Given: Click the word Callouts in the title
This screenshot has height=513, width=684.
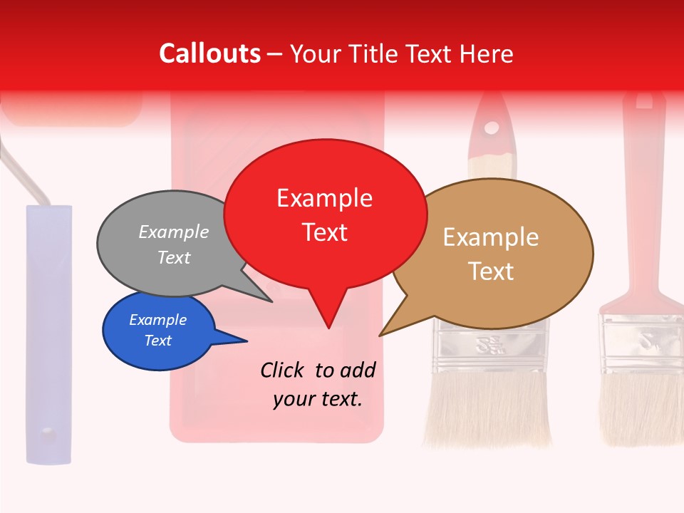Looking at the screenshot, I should [x=209, y=53].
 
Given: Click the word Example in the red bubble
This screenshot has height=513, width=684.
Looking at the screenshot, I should [x=324, y=197].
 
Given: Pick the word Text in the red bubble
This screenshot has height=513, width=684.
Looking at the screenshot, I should [x=324, y=232].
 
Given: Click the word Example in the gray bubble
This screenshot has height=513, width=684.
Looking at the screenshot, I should [x=174, y=232].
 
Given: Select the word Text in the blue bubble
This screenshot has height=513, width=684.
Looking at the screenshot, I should [x=157, y=341].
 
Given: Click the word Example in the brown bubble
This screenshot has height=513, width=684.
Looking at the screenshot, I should [x=491, y=237].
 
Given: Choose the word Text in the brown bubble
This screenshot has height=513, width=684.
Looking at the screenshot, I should [x=491, y=271].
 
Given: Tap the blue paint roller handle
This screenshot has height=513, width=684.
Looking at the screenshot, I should [x=48, y=335].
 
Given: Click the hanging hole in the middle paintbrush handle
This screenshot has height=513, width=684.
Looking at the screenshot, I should [x=492, y=128].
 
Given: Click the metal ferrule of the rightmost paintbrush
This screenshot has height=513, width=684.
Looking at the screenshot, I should [x=641, y=342].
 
